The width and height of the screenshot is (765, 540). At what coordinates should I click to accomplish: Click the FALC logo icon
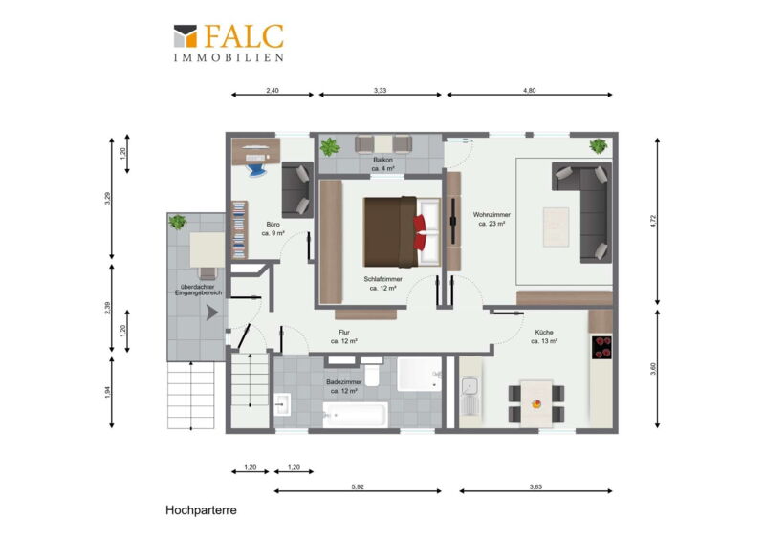(x=186, y=36)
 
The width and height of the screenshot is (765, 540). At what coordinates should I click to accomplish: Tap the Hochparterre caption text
(x=201, y=510)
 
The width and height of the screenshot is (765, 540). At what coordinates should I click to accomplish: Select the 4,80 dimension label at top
(x=530, y=90)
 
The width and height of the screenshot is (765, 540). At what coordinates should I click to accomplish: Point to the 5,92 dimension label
(x=358, y=486)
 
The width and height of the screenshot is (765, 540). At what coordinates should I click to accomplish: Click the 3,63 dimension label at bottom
(x=535, y=486)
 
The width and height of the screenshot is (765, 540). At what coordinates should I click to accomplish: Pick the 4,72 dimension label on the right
(x=654, y=222)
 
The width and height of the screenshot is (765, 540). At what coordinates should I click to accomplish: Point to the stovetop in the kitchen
(x=602, y=347)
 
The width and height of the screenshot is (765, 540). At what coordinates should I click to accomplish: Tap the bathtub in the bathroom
(x=355, y=415)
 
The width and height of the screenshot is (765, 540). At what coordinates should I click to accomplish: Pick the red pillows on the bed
(x=420, y=232)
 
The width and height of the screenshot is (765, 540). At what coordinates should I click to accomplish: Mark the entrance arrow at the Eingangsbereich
(x=211, y=313)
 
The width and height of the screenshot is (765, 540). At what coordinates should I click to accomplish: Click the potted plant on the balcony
(x=330, y=146)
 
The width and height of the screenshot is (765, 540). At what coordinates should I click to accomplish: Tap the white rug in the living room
(x=557, y=227)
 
